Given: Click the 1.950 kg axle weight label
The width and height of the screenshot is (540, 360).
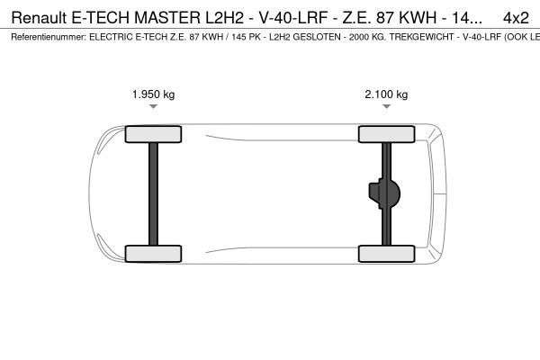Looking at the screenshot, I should point(154,94).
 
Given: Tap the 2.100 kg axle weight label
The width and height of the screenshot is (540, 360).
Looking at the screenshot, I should point(386,94).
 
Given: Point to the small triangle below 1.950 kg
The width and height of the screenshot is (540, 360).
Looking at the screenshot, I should point(154,107).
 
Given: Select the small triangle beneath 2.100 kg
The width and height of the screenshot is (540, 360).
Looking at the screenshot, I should point(386,107).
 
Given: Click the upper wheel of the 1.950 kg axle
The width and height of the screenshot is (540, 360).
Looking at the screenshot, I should point(154,135).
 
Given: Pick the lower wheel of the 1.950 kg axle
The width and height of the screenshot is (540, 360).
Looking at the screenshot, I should point(154,253).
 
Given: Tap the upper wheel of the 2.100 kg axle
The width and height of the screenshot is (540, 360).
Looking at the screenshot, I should point(386,135).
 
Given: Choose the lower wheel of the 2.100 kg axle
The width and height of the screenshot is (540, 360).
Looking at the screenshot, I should point(386,253).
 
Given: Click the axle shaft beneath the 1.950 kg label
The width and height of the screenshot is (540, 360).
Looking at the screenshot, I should point(154,193).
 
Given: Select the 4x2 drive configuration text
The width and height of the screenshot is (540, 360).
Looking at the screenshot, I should point(516,17).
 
